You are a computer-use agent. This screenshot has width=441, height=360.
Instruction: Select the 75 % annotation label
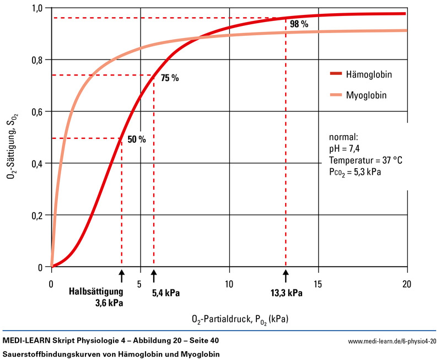(170, 78)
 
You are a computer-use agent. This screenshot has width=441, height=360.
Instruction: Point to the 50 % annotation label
(136, 139)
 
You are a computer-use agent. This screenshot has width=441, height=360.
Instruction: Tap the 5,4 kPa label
(166, 293)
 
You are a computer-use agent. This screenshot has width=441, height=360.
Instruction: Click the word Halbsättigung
(96, 292)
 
